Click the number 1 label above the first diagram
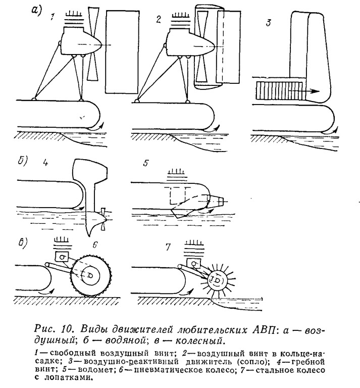(52, 17)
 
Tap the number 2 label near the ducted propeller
(159, 19)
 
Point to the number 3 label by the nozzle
(268, 22)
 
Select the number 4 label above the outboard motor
(45, 163)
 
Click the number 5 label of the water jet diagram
(146, 163)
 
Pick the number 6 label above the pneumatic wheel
(95, 245)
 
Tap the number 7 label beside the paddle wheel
(168, 247)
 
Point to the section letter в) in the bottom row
(23, 243)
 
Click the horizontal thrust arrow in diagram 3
(305, 91)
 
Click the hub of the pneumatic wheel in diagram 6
(90, 275)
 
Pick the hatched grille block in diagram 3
(279, 91)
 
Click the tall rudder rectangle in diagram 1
(122, 52)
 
